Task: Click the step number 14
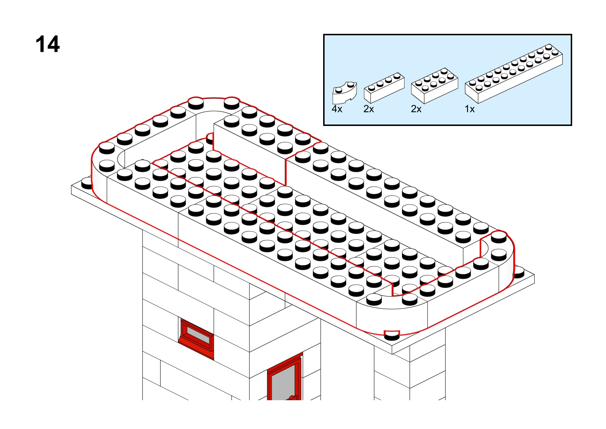pos(48,45)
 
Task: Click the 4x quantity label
pos(337,109)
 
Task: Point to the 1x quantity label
pos(470,109)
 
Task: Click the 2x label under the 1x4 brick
pos(368,109)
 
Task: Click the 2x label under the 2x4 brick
pos(416,109)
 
